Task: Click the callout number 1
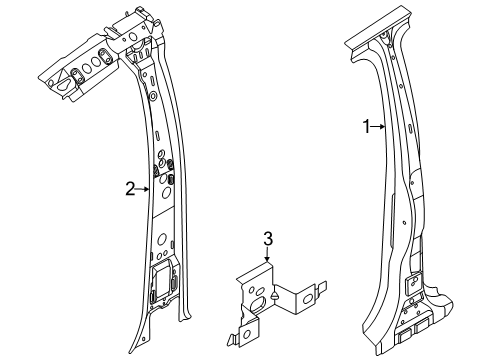(x=366, y=127)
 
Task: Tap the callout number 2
(x=130, y=189)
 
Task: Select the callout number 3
(x=268, y=239)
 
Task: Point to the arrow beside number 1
(x=378, y=127)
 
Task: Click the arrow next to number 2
(x=143, y=189)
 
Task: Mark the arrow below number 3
(x=267, y=254)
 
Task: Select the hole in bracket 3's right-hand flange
(x=307, y=299)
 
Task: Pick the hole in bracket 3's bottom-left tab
(x=247, y=333)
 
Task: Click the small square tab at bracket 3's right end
(x=322, y=287)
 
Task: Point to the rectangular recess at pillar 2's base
(x=162, y=279)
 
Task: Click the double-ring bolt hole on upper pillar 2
(x=153, y=96)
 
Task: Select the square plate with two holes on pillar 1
(x=413, y=283)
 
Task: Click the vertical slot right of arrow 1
(x=409, y=129)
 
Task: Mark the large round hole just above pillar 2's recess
(x=162, y=239)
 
